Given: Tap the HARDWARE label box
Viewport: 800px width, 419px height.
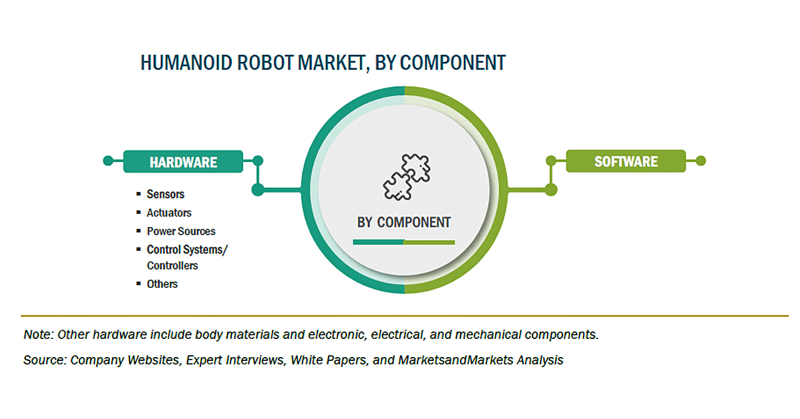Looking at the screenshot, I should click(x=183, y=161).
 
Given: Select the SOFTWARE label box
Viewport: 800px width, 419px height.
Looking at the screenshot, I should click(x=626, y=161).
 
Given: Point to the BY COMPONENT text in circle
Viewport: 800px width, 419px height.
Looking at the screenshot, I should click(x=404, y=222).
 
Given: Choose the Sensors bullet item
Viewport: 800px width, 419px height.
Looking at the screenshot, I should click(x=166, y=194).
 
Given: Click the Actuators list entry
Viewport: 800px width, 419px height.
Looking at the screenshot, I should click(x=169, y=213).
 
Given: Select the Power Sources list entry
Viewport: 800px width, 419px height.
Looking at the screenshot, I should click(x=181, y=231).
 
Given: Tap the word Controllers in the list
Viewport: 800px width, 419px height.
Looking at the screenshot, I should click(x=172, y=266).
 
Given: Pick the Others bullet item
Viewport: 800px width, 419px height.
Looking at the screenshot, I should click(x=162, y=284).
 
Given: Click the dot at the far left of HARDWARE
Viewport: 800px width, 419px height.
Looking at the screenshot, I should click(x=108, y=161).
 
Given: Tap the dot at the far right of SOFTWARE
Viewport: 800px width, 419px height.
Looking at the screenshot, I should click(x=701, y=161).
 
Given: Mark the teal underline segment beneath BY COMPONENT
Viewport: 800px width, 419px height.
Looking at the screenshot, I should click(x=378, y=242).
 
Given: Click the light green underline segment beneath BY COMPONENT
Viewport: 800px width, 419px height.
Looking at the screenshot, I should click(x=429, y=242).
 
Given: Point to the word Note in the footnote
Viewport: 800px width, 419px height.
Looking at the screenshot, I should click(x=37, y=335).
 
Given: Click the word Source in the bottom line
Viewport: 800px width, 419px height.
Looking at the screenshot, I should click(x=44, y=360).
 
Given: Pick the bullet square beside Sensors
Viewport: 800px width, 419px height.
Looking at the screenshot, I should click(x=139, y=194).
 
